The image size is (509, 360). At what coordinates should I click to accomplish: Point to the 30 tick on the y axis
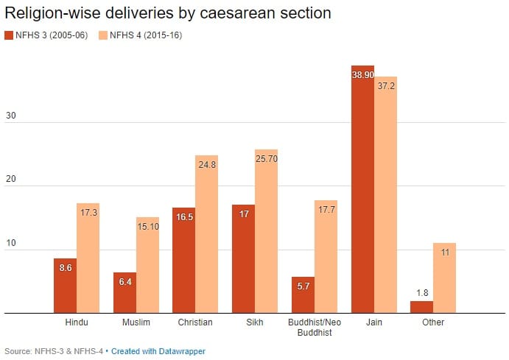point(12,116)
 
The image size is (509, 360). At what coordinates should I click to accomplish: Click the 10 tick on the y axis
point(12,244)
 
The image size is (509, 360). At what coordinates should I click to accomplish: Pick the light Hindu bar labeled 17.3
point(88,258)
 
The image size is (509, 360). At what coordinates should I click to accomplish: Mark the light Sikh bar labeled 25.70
point(267,231)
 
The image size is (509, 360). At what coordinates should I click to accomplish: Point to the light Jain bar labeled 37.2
point(385,194)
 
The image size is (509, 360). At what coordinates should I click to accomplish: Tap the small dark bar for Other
point(422,307)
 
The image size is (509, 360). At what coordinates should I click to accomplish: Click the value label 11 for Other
point(445,252)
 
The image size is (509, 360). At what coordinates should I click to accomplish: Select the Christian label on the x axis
point(195,322)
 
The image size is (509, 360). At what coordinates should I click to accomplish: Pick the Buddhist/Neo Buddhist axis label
point(315,328)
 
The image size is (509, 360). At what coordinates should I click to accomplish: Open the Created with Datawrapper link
point(158,352)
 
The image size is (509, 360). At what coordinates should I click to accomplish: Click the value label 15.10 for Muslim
point(147,227)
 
